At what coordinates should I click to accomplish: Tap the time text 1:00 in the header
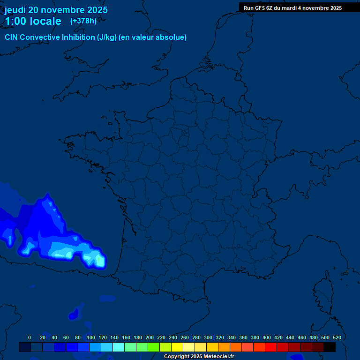(15, 21)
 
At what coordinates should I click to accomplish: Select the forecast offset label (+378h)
(83, 21)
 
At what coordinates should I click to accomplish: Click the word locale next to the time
(45, 21)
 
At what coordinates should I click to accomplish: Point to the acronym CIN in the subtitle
(12, 37)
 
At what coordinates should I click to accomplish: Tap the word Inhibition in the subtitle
(78, 37)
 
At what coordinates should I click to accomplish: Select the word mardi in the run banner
(289, 8)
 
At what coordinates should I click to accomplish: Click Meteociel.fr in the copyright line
(218, 357)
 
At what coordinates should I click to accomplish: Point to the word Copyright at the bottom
(176, 357)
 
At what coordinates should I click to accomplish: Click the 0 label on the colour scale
(30, 337)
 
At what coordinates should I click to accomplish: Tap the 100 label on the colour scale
(90, 337)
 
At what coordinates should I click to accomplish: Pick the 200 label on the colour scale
(149, 337)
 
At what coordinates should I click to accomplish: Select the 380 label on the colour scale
(255, 337)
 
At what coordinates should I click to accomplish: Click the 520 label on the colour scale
(337, 337)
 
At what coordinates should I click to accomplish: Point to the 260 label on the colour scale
(184, 337)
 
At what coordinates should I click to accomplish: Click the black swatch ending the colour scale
(330, 347)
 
